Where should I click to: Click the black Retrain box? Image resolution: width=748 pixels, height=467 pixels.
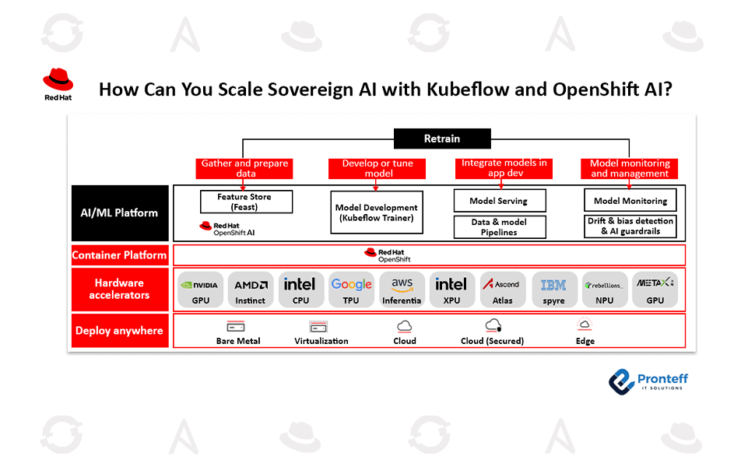442,139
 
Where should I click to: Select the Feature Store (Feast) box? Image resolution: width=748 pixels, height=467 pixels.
246,202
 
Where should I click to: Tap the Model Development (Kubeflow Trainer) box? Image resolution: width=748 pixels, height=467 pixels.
377,212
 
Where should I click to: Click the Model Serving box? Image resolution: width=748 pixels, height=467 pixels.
499,201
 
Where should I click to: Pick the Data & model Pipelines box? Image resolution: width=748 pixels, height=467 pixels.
499,227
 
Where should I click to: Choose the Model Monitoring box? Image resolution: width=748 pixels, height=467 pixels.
630,201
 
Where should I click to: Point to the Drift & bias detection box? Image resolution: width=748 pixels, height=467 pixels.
630,226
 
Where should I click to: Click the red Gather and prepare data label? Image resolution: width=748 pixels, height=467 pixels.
244,168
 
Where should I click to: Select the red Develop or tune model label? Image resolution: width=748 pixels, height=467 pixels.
378,168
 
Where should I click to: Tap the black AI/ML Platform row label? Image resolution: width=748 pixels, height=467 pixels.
120,212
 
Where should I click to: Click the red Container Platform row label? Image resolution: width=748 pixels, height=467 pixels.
120,255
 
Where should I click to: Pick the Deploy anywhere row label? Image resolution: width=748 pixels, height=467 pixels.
120,331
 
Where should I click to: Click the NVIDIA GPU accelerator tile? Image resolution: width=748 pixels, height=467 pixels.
201,290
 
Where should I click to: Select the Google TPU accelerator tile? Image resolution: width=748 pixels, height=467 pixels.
351,290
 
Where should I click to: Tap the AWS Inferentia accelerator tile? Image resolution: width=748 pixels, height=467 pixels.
402,290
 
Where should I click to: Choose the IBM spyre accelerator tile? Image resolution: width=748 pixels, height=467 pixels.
553,290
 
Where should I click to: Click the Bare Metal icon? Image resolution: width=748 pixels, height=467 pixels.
237,326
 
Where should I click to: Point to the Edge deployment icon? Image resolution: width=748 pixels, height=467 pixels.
585,325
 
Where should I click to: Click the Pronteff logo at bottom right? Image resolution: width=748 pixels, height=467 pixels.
648,381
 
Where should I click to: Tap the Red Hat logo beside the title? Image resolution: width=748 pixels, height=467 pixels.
58,85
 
